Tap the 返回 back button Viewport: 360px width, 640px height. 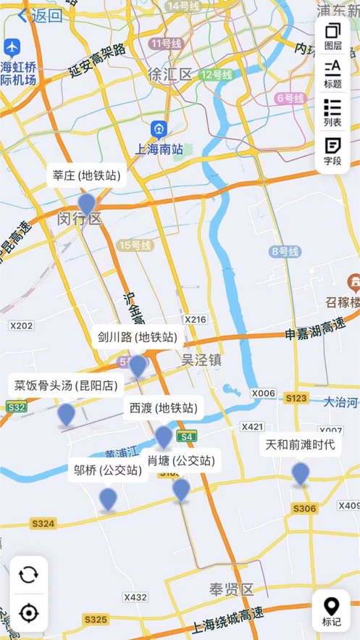(x=40, y=15)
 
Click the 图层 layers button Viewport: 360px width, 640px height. (x=332, y=36)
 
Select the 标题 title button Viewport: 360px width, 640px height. (x=332, y=73)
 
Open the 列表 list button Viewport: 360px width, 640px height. (x=332, y=112)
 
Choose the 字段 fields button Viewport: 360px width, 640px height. (x=332, y=151)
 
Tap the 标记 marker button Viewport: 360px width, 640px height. (x=332, y=611)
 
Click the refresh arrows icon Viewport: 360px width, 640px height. (x=29, y=575)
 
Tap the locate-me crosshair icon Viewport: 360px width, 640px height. (x=29, y=613)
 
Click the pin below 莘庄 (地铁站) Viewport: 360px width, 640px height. (x=87, y=204)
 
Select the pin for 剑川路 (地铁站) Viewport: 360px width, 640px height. (x=138, y=365)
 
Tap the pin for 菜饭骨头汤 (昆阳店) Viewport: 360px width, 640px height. (x=66, y=414)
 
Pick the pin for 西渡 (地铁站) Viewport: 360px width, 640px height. (x=164, y=436)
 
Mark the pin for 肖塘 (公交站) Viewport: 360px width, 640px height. (x=181, y=489)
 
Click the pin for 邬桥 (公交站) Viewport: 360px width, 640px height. (x=108, y=499)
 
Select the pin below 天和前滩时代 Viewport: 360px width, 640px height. (x=301, y=473)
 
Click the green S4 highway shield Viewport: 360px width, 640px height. (x=187, y=436)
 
